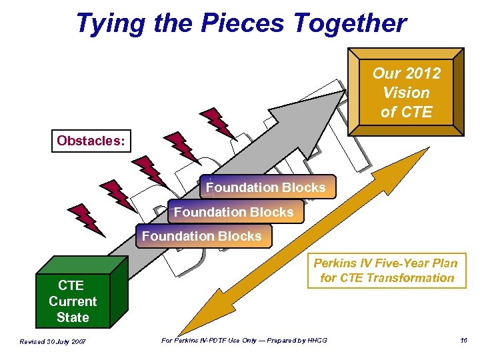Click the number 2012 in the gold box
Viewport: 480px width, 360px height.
click(x=425, y=73)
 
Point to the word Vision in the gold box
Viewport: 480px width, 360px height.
click(x=406, y=92)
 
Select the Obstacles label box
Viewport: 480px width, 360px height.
click(x=92, y=141)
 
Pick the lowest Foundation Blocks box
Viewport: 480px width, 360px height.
click(x=202, y=236)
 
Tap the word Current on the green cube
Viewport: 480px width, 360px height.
click(x=73, y=301)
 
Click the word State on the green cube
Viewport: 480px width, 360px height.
click(x=73, y=317)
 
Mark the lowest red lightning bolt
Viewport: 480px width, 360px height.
click(x=86, y=220)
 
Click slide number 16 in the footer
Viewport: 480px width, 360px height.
click(x=463, y=341)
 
